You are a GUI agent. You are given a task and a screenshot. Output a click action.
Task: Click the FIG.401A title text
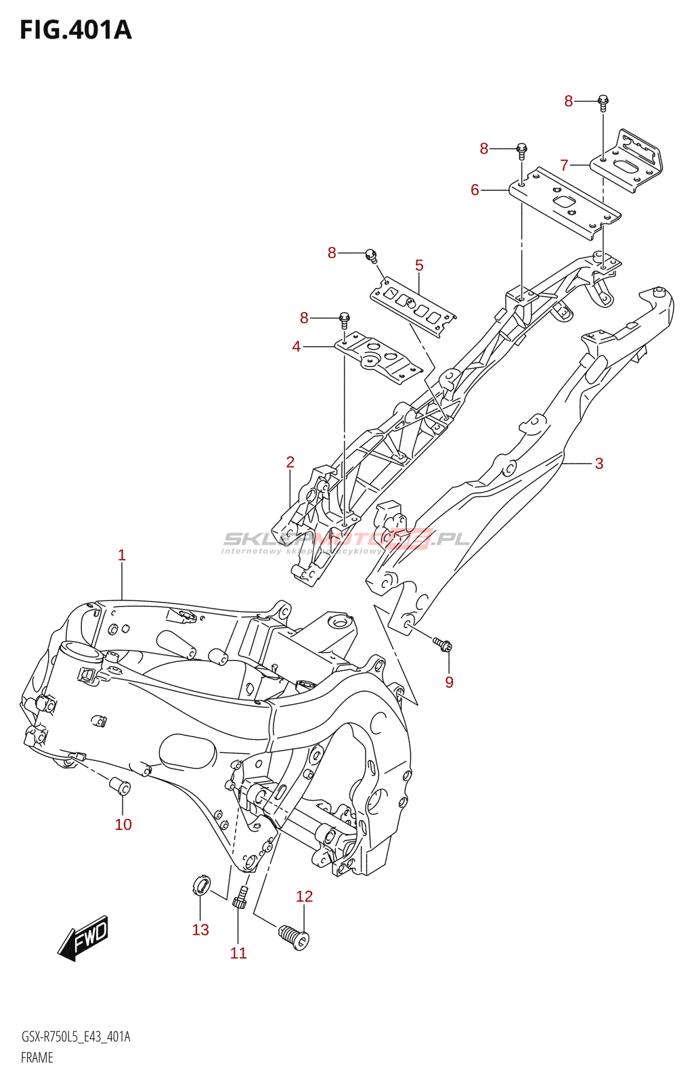pyautogui.click(x=76, y=30)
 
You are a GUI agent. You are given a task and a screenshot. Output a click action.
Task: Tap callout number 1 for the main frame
pyautogui.click(x=122, y=556)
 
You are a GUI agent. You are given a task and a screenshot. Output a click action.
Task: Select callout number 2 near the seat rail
pyautogui.click(x=290, y=462)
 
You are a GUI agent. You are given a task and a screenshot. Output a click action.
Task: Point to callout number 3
pyautogui.click(x=599, y=464)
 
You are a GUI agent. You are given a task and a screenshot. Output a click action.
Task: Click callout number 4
pyautogui.click(x=296, y=347)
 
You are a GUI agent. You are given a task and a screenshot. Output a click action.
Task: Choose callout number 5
pyautogui.click(x=419, y=265)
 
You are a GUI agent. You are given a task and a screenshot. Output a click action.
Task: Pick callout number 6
pyautogui.click(x=475, y=190)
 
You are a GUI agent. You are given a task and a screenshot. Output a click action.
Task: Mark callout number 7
pyautogui.click(x=564, y=164)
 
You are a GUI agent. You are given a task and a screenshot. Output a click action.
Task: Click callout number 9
pyautogui.click(x=449, y=682)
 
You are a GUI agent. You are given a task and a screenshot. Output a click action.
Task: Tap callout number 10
pyautogui.click(x=123, y=824)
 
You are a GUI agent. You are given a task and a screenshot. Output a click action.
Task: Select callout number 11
pyautogui.click(x=238, y=953)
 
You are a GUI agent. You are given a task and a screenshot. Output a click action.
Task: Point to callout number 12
pyautogui.click(x=304, y=897)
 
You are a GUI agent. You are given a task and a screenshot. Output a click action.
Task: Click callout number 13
pyautogui.click(x=200, y=930)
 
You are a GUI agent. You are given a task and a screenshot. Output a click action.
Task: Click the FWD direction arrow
pyautogui.click(x=84, y=937)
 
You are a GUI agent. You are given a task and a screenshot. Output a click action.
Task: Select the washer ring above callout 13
pyautogui.click(x=201, y=884)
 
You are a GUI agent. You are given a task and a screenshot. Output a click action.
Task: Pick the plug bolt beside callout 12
pyautogui.click(x=294, y=936)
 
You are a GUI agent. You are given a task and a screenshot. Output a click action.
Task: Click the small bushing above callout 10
pyautogui.click(x=121, y=786)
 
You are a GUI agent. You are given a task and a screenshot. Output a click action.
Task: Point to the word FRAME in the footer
pyautogui.click(x=37, y=1057)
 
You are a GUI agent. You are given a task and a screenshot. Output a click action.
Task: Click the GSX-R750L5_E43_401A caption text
pyautogui.click(x=76, y=1037)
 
